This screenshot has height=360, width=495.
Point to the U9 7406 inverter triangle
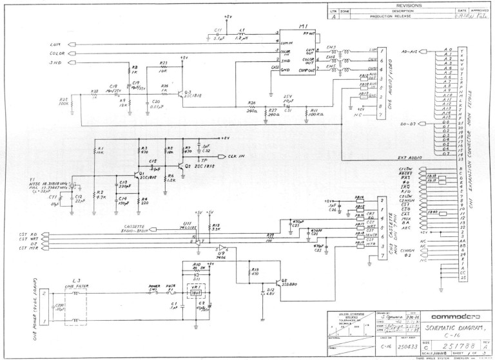(x=222, y=247)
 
